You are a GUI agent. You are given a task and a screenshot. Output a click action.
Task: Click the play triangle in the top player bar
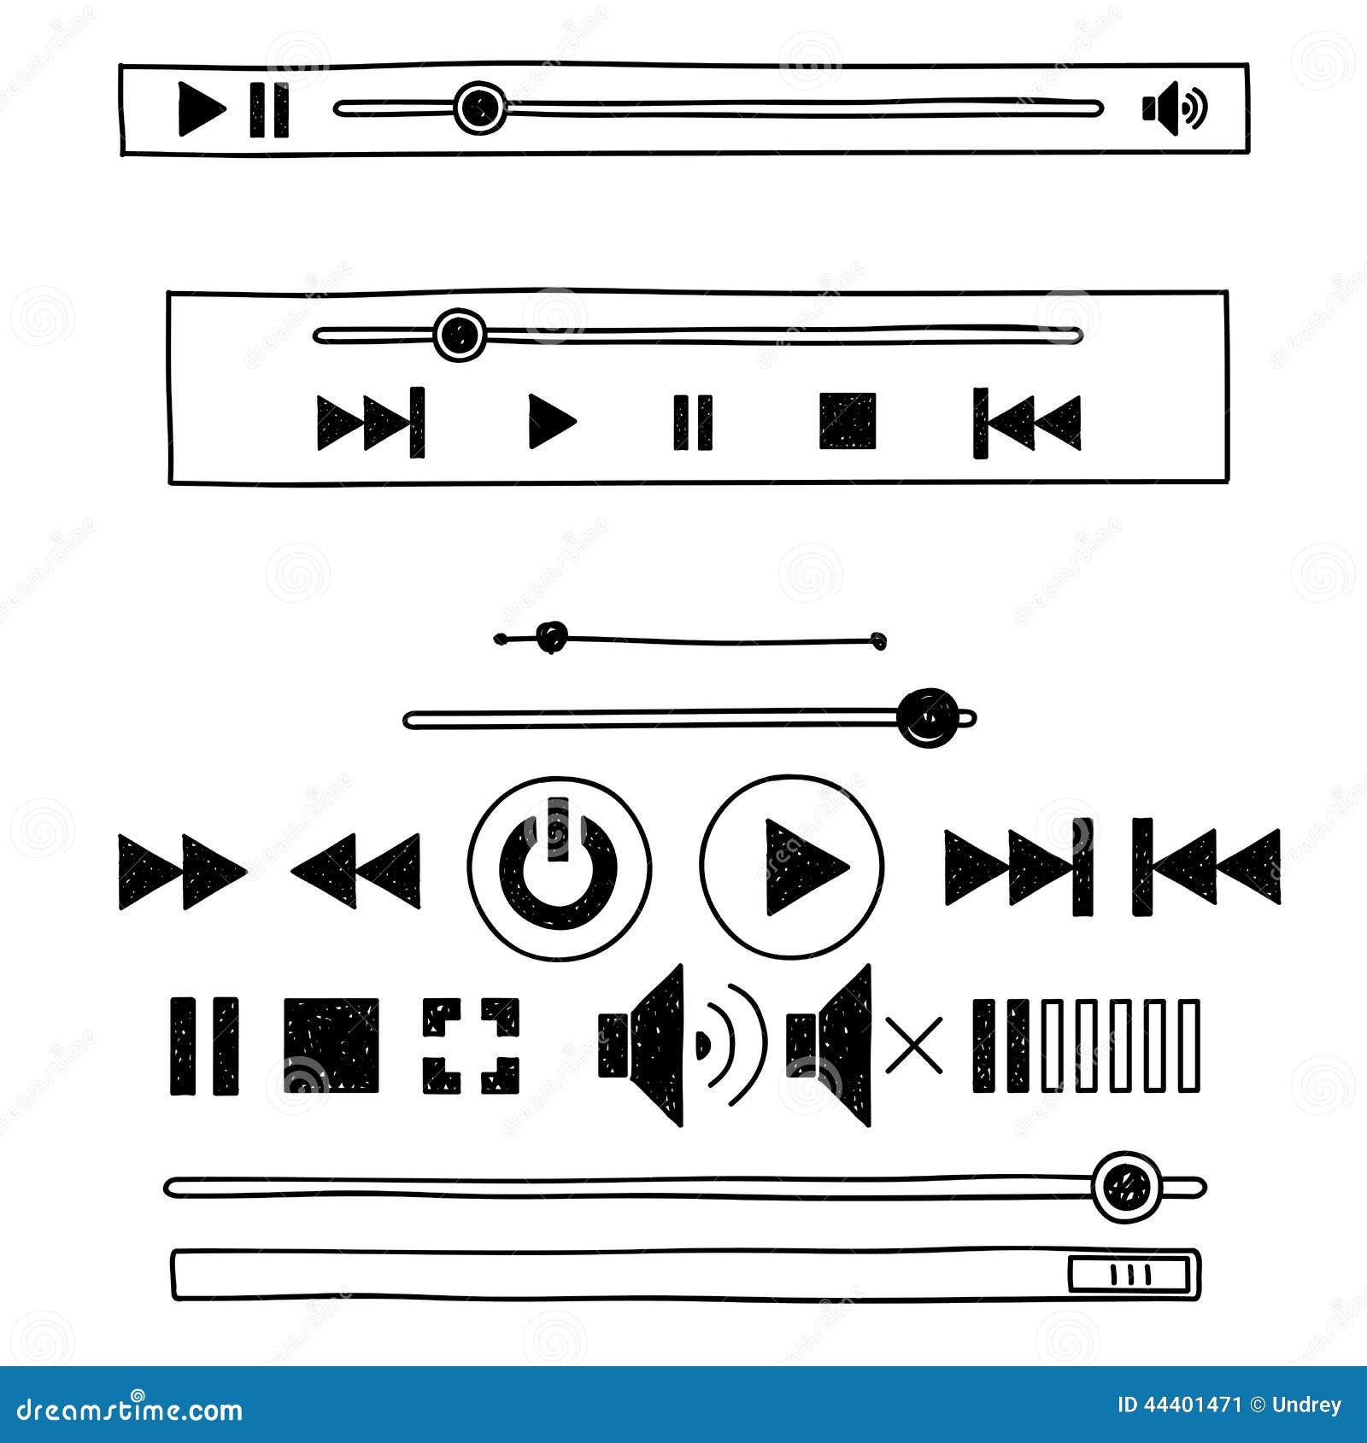pos(200,108)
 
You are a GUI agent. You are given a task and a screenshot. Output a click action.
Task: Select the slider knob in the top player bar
pos(479,108)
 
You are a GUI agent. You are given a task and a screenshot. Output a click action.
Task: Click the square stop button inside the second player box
pos(848,421)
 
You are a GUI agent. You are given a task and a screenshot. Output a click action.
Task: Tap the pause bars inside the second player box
pos(692,422)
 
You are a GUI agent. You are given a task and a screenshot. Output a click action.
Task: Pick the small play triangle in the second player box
pos(550,421)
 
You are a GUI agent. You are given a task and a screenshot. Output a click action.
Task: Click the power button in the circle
pos(559,868)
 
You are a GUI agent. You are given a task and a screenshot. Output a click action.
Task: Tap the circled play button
pos(791,868)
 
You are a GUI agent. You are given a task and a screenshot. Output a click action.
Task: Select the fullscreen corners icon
pos(471,1046)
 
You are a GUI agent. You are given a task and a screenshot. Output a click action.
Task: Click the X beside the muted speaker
pos(914,1045)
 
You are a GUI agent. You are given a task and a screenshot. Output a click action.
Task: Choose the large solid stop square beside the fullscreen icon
pos(331,1046)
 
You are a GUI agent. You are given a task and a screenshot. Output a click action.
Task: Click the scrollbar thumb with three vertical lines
pos(1129,1275)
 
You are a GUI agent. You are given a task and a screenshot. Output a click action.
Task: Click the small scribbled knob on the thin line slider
pos(552,636)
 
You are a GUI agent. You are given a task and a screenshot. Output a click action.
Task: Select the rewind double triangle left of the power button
pos(356,870)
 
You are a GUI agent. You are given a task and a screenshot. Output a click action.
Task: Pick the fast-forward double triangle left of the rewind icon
pos(181,872)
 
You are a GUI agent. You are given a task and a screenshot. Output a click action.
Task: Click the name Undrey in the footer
pos(1306,1405)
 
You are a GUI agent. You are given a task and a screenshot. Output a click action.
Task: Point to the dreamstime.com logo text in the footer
pos(130,1409)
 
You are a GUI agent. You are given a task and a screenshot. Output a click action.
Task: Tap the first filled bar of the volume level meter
pos(983,1046)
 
